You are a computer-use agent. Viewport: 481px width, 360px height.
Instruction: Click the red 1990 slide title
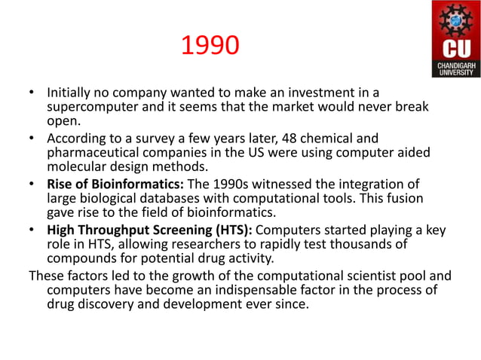tap(210, 47)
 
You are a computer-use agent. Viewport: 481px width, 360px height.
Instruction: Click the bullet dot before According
tap(32, 139)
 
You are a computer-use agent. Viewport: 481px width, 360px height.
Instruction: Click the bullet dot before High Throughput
tap(32, 230)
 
